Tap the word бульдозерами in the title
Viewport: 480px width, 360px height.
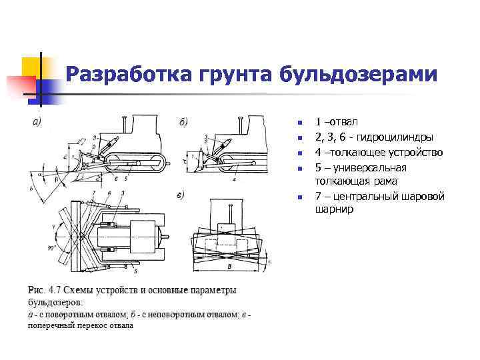(x=359, y=75)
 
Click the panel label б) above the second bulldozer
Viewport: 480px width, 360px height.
(x=183, y=122)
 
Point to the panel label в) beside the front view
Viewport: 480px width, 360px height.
(x=180, y=195)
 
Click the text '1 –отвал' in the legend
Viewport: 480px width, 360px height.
(x=337, y=123)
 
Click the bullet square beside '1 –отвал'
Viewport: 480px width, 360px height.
(x=301, y=123)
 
